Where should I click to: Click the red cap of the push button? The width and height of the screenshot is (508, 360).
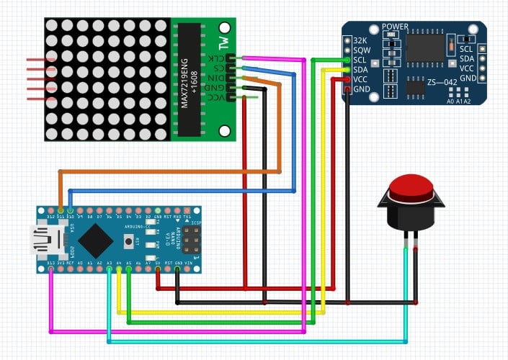coord(411,189)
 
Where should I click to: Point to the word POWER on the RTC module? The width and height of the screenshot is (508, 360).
coord(395,27)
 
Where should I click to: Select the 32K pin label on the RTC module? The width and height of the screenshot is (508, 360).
coord(360,40)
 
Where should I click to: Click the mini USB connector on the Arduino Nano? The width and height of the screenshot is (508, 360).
coord(43,240)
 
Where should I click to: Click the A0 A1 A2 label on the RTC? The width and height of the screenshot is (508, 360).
coord(459,102)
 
